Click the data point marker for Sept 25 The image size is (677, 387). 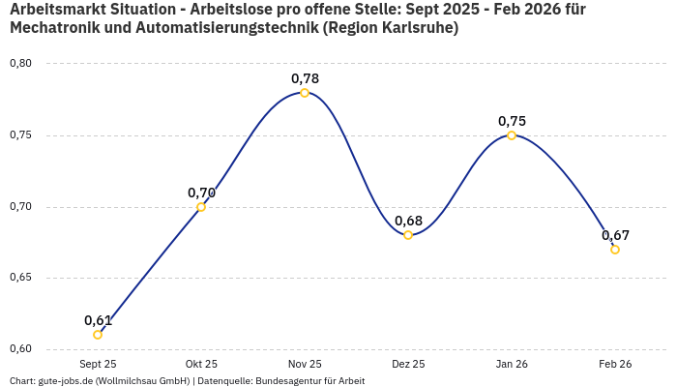coord(98,335)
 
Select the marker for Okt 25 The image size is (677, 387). coord(201,207)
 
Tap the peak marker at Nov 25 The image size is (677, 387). coord(305,93)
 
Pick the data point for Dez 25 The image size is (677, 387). coord(408,235)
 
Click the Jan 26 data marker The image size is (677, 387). coord(512,135)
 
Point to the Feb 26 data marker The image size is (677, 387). coord(615,250)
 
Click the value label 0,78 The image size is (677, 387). coord(305,78)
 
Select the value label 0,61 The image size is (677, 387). coord(98,320)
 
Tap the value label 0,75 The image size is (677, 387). coord(512,121)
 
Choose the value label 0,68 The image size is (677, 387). coord(408,221)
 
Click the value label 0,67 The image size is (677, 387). coord(615,235)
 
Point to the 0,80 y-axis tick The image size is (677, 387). coord(20,64)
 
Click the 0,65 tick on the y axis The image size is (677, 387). coord(20,278)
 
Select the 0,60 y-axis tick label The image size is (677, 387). coord(20,349)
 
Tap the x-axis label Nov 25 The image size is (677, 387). coord(305,365)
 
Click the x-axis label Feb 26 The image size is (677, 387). coord(615,365)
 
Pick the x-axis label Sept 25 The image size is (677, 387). coord(98,365)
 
